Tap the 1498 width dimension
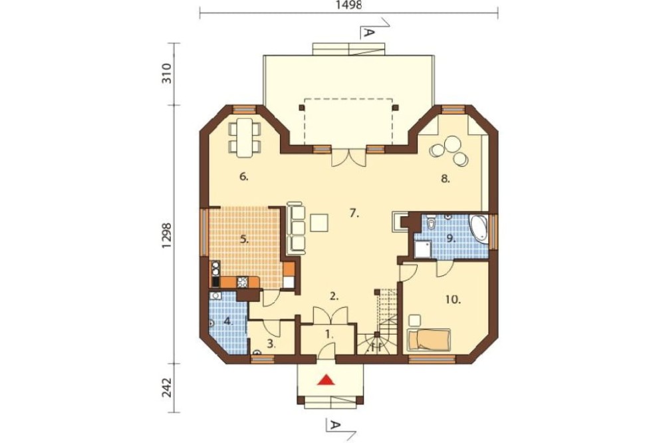click(349, 5)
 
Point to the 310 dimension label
click(167, 73)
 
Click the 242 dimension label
click(167, 387)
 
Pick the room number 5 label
click(244, 239)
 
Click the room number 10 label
click(453, 300)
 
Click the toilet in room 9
click(432, 222)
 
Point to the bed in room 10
click(428, 339)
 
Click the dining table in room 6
click(245, 138)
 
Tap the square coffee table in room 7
click(319, 223)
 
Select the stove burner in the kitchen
click(243, 282)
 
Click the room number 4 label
click(229, 321)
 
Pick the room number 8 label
click(444, 179)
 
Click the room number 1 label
click(330, 334)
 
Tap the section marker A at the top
click(368, 33)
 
